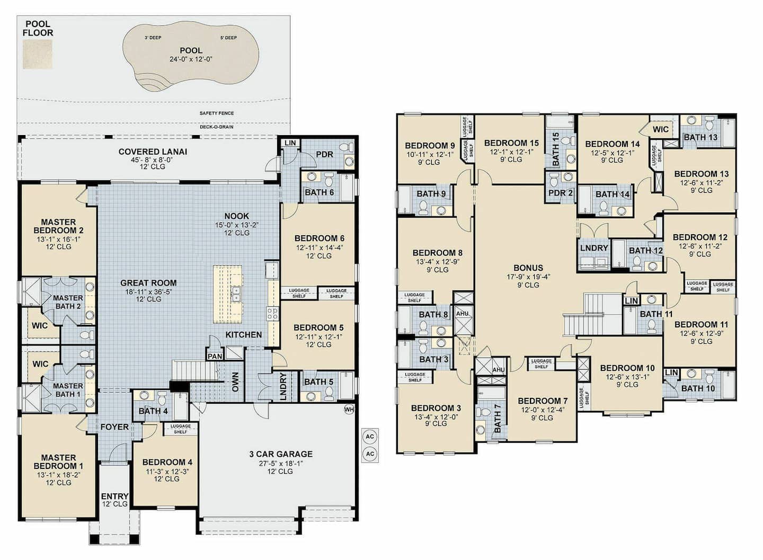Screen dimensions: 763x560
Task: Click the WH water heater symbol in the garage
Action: tap(349, 410)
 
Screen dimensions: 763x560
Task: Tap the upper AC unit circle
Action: tap(370, 437)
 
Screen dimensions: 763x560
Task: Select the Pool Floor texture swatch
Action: tap(38, 54)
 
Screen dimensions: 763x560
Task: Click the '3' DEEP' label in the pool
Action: tap(153, 38)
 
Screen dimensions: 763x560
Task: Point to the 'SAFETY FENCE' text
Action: tap(217, 113)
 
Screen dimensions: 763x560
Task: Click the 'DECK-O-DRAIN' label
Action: tap(217, 127)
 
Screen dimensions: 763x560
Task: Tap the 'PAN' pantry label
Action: tap(215, 357)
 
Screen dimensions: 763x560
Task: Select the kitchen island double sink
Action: tap(235, 295)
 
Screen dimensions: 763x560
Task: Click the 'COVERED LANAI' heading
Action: tap(153, 152)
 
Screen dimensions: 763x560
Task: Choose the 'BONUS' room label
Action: tap(528, 268)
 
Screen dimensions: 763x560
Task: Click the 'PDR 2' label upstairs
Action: tap(561, 193)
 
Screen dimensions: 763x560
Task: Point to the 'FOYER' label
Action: tap(114, 427)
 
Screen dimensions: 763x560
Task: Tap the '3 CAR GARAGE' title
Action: tap(281, 454)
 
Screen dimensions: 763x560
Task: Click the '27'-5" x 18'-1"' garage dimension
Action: tap(280, 463)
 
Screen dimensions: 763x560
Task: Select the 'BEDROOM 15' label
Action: tap(511, 143)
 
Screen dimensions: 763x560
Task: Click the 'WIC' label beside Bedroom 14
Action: tap(660, 129)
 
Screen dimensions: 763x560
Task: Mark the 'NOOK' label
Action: tap(237, 216)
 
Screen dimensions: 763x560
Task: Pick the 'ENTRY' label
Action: tap(115, 496)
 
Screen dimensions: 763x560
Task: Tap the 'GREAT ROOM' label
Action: tap(148, 283)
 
